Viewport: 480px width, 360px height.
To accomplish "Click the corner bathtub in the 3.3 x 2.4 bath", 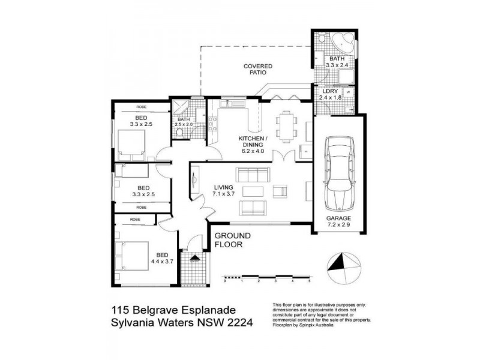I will [x=343, y=43].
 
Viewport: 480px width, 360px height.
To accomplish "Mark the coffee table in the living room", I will [x=253, y=192].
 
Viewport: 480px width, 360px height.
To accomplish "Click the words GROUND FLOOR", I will [x=232, y=240].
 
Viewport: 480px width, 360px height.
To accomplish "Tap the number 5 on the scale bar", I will [x=310, y=281].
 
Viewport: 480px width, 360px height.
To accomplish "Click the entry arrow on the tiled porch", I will [x=194, y=259].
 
